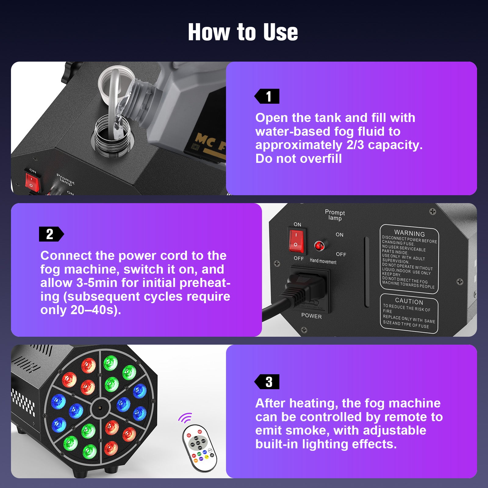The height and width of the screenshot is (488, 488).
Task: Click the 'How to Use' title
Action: (243, 32)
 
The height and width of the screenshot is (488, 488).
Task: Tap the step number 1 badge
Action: (267, 96)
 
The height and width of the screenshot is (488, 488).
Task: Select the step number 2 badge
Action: (51, 234)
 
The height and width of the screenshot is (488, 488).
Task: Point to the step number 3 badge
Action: (267, 382)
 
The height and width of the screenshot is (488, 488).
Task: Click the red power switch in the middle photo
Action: (296, 241)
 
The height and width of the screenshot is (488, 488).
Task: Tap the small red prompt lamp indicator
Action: (319, 246)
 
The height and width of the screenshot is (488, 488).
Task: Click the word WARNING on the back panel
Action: (409, 234)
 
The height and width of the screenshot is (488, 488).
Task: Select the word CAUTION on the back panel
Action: (409, 302)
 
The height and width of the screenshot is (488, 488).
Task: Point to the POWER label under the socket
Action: (311, 316)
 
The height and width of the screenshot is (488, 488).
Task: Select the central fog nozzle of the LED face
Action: (100, 407)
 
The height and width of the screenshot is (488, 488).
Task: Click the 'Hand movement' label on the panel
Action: (323, 261)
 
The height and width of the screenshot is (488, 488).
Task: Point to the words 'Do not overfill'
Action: (298, 159)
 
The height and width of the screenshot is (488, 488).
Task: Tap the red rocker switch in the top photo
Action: (32, 181)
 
